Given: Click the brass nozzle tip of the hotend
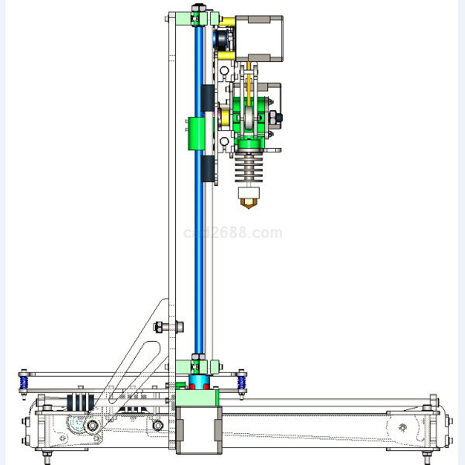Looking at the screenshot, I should coord(248,202).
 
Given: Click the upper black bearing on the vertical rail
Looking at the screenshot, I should coord(207,98).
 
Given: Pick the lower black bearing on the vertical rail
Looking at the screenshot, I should coord(207,169).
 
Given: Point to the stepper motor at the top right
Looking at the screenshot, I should coord(263,36).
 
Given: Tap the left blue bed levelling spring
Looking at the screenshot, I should coord(24,382).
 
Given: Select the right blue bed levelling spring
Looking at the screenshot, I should coord(243,382).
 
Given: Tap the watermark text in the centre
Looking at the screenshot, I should coord(232,232).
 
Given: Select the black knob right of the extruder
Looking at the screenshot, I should coord(279,118).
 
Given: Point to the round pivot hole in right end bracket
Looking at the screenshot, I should coord(401,426).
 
